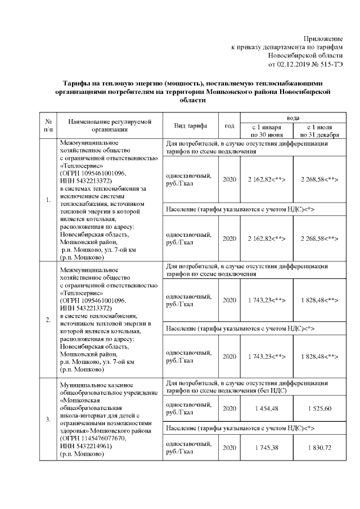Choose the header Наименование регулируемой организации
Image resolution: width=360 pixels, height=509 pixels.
106,125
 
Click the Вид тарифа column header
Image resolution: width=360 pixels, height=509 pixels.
188,125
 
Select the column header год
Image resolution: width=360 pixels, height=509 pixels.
229,125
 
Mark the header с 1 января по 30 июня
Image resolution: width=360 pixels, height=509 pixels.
267,130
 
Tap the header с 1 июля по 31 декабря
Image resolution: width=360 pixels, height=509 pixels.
319,130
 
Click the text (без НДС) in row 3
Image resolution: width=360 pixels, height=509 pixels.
271,390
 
